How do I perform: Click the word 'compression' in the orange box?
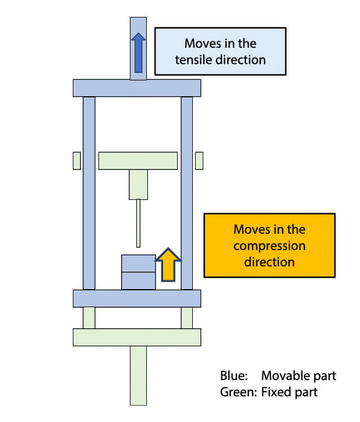pos(269,245)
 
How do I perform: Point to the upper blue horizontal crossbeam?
pos(137,88)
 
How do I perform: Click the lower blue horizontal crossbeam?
pos(137,298)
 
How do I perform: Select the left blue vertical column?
pos(89,192)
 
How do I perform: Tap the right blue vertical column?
pos(187,192)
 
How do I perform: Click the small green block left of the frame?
pos(76,160)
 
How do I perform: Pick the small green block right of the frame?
pos(199,160)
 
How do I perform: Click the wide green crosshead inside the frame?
pos(138,160)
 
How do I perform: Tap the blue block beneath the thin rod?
pos(138,272)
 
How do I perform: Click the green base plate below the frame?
pos(137,337)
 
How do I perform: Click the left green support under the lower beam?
pos(89,318)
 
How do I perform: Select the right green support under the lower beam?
pos(187,318)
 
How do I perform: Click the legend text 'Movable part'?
pos(298,375)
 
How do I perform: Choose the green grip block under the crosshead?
pos(138,184)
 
